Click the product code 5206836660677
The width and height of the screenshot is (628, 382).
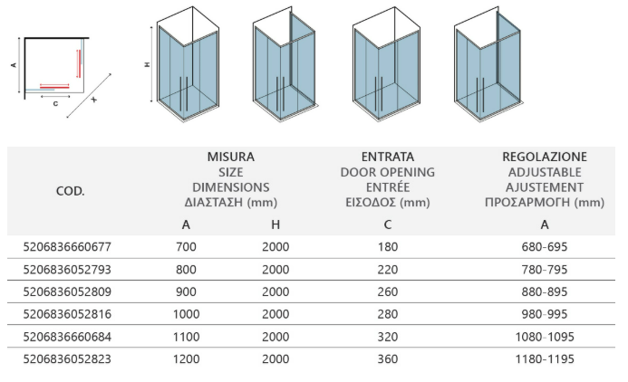(x=67, y=247)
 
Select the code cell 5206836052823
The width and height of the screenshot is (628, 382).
(x=67, y=358)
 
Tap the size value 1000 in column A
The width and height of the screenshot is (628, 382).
(x=187, y=314)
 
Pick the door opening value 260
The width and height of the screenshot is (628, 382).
(x=388, y=291)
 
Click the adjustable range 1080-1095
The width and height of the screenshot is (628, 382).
(x=545, y=337)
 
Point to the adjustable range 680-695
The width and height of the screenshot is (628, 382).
(x=545, y=247)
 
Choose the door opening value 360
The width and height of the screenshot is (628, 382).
(x=388, y=358)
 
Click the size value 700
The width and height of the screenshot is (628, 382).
(x=187, y=247)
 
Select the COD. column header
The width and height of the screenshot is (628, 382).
(x=71, y=191)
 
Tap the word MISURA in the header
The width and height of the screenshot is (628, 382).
(x=231, y=157)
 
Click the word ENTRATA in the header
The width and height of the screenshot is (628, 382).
(x=388, y=157)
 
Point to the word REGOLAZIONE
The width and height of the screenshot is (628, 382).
(x=545, y=157)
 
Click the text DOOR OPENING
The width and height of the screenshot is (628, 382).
(x=388, y=172)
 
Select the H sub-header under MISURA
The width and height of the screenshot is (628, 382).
(x=275, y=224)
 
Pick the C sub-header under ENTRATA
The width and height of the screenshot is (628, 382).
(x=388, y=224)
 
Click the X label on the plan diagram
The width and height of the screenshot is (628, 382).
(x=93, y=100)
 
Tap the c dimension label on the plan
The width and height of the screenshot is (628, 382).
(x=55, y=103)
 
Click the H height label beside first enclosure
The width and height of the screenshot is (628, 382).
(x=147, y=64)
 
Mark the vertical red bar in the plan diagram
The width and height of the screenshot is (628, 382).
(x=79, y=63)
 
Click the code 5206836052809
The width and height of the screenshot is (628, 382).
(x=67, y=291)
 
